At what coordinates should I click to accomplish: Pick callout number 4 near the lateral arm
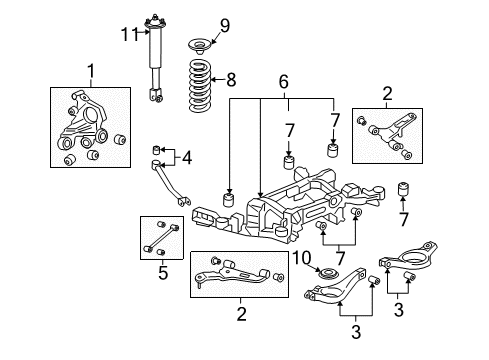186,157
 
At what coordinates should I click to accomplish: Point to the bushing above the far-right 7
406,189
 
